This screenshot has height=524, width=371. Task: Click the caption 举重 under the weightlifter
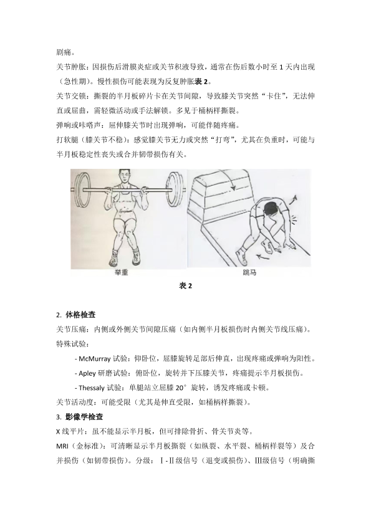(121, 273)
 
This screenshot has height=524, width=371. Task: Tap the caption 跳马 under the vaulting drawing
(249, 273)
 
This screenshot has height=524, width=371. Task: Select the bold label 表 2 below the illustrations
(186, 286)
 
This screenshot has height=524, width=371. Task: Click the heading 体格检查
(80, 315)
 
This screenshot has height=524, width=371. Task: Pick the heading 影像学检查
(84, 417)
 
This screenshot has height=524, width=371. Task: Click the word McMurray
(94, 359)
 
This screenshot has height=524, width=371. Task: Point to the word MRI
(62, 445)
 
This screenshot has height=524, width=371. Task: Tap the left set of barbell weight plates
(81, 189)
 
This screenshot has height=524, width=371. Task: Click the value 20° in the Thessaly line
(181, 388)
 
